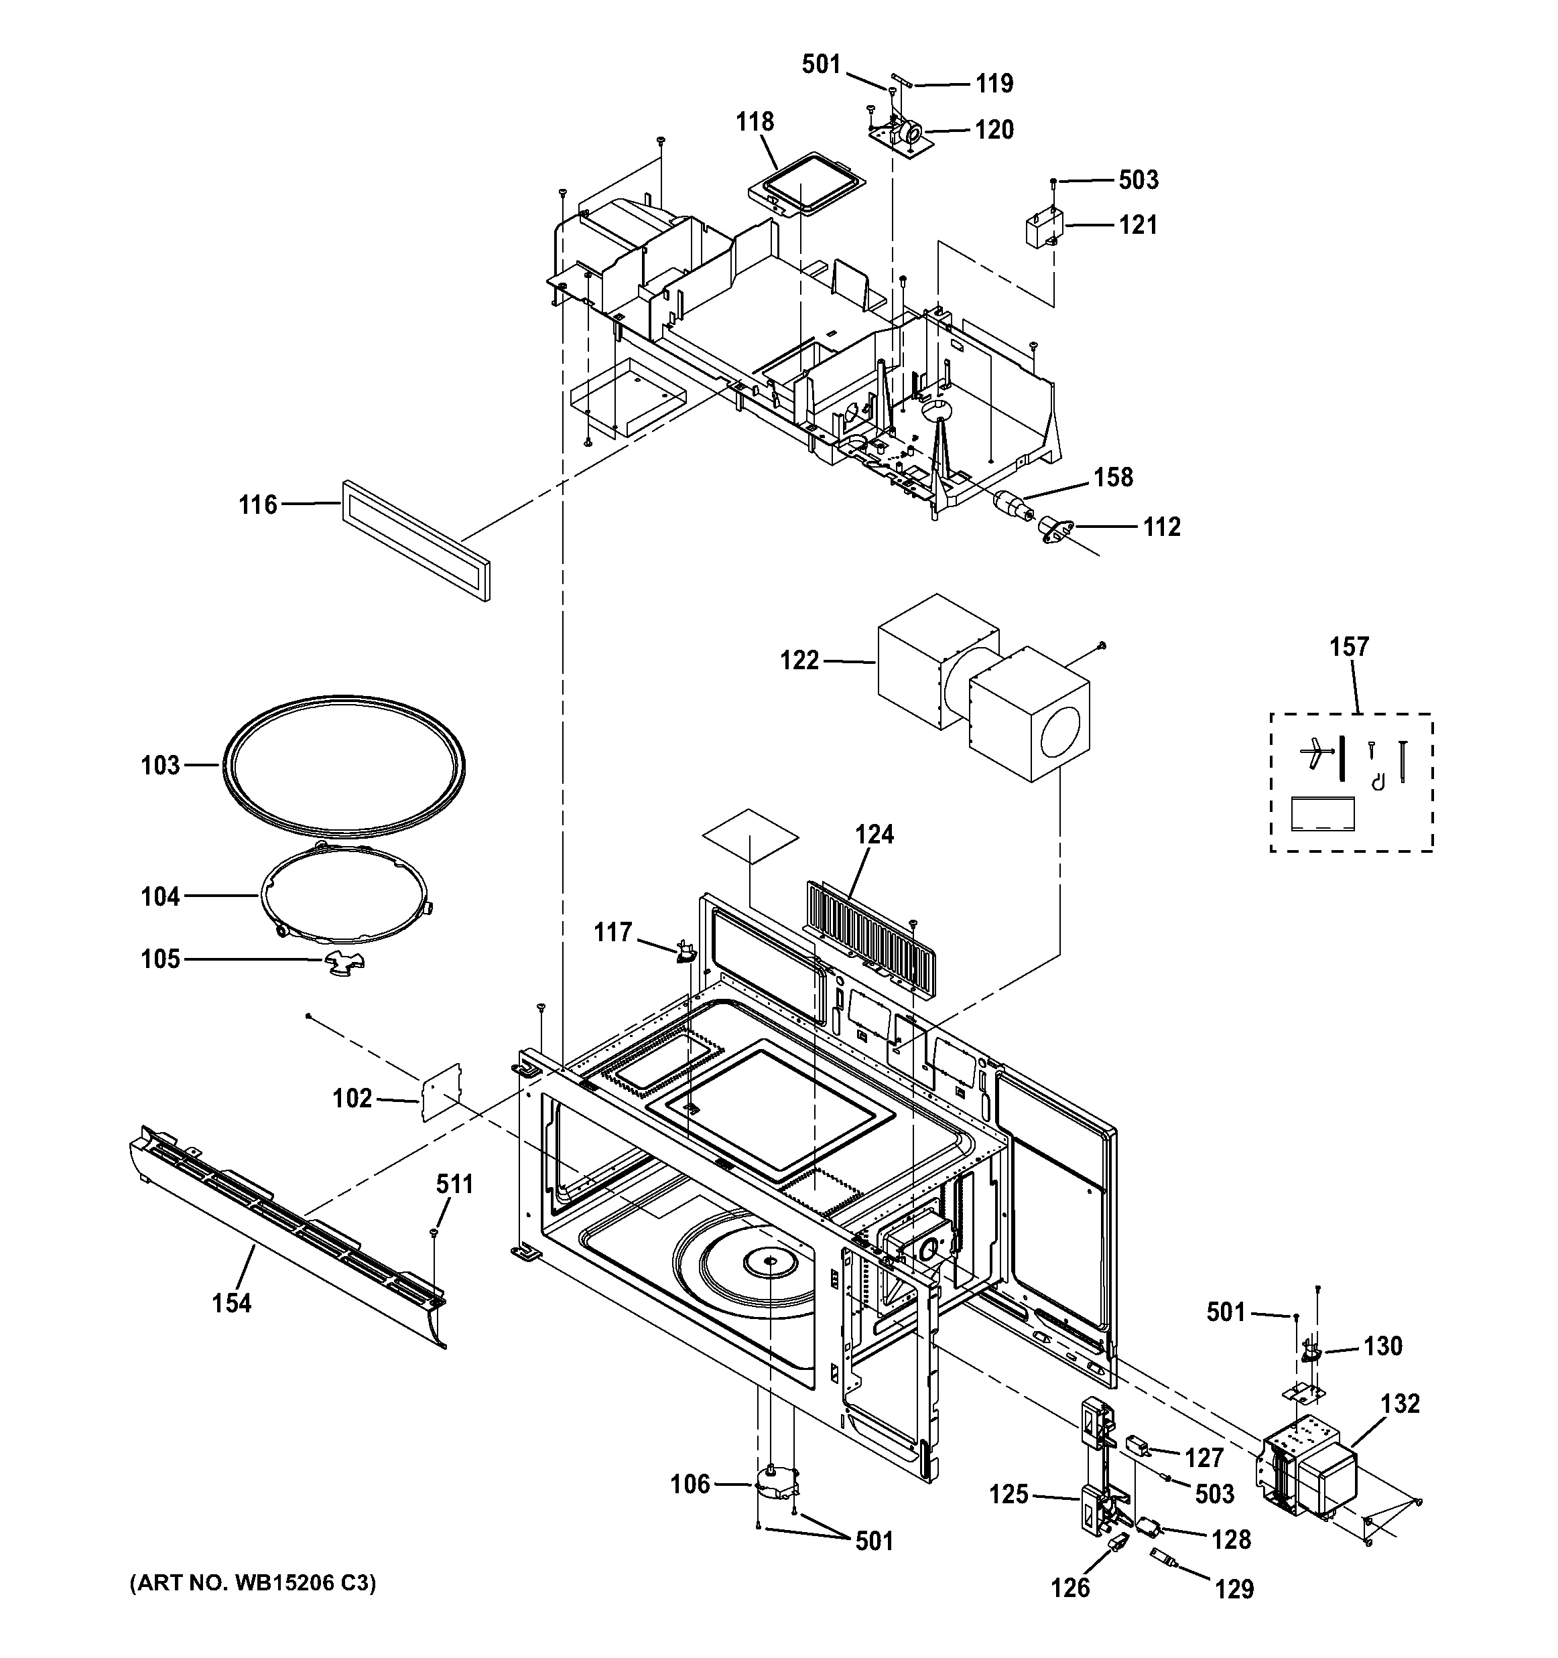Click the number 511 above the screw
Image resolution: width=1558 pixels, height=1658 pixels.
pyautogui.click(x=454, y=1184)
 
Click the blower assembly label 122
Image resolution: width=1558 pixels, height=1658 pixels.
pyautogui.click(x=799, y=661)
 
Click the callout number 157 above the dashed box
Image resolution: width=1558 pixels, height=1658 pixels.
pyautogui.click(x=1349, y=646)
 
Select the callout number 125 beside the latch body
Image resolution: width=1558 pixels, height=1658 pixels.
pyautogui.click(x=1009, y=1494)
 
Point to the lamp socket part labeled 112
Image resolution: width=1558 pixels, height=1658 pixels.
pyautogui.click(x=1055, y=529)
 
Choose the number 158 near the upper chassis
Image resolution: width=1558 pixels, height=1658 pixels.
pyautogui.click(x=1114, y=477)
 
